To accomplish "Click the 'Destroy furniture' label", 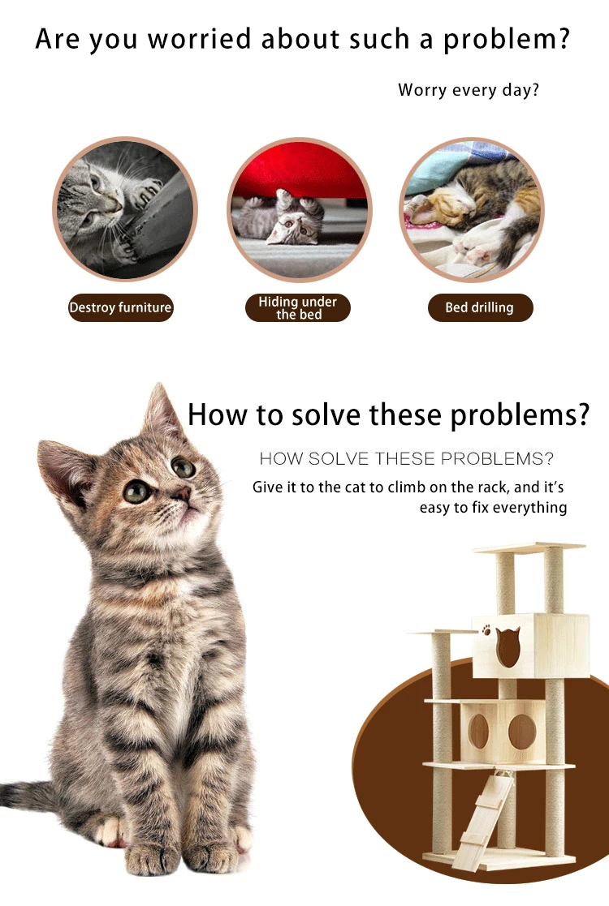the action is pos(120,307).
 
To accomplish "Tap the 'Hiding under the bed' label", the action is pos(298,307).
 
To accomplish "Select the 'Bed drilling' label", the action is pos(480,307).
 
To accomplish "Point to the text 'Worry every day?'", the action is pos(469,90).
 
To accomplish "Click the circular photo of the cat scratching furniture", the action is pos(125,209).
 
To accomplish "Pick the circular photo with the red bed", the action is pos(299,209).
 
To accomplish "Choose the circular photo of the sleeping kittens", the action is pos(472,209).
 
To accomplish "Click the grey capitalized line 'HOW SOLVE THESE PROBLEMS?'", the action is pos(406,459).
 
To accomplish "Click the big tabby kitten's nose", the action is pos(182,494).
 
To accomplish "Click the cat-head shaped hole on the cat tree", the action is pos(508,647).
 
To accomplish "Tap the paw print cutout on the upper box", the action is pos(486,629).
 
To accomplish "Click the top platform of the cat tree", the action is pos(529,547).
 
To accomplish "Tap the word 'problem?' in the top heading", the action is pos(507,40).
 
